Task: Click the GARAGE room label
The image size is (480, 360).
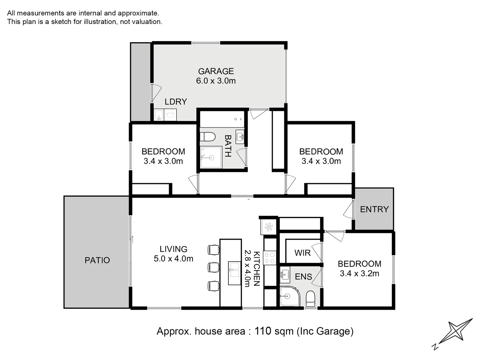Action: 216,71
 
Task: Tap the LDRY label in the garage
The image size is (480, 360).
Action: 176,102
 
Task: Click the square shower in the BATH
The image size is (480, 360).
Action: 211,157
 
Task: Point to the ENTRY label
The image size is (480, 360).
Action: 374,209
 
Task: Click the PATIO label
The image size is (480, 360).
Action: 97,260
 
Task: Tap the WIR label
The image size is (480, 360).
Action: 302,253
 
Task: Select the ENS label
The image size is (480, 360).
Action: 303,277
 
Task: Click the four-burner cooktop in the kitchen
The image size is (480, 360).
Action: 269,258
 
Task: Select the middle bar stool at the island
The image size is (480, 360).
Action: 213,267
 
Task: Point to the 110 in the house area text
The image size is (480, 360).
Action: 263,331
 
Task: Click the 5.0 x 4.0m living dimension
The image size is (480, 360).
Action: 173,259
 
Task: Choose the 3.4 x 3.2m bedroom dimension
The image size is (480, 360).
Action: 359,274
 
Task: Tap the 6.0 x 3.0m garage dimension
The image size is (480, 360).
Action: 216,81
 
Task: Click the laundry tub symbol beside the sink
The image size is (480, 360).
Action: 170,115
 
